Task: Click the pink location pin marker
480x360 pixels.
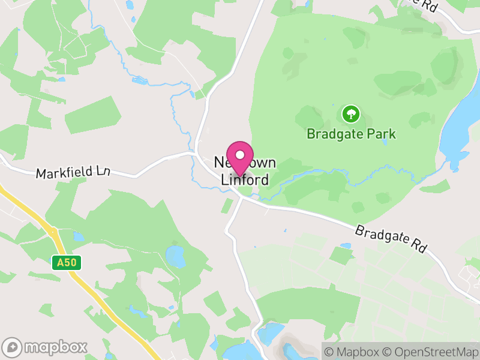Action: (240, 158)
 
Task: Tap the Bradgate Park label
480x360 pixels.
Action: (351, 133)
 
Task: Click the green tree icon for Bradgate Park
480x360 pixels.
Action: (350, 113)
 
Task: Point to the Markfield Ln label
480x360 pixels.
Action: (73, 172)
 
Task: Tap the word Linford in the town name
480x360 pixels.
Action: (245, 179)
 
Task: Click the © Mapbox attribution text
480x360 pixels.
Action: (354, 352)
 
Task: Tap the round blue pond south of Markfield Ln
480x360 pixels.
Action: (176, 256)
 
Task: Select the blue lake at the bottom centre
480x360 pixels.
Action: (271, 332)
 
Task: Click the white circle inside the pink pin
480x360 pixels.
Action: (240, 154)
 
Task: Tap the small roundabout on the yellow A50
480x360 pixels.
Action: (53, 232)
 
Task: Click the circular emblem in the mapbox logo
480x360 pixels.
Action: (13, 347)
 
